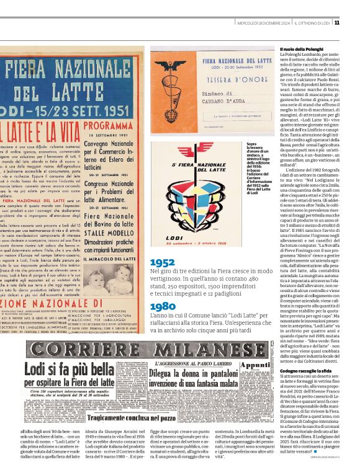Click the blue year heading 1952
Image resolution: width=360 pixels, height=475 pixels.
(x=162, y=262)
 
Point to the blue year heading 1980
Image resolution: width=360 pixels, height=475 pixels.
(x=162, y=306)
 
